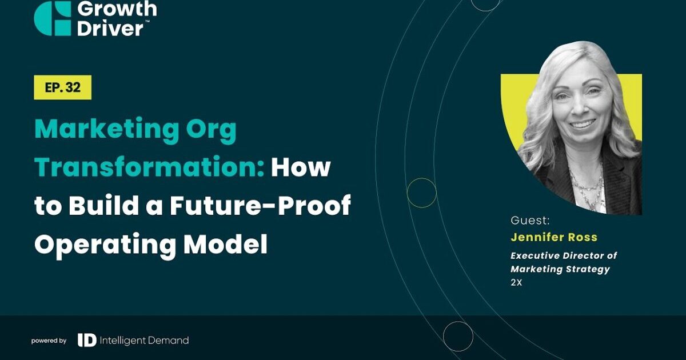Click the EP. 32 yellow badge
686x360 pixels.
click(x=62, y=87)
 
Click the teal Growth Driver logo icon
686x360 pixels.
click(x=53, y=18)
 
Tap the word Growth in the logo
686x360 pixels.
click(x=117, y=9)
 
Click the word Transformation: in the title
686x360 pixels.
click(x=149, y=167)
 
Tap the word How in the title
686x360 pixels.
click(x=301, y=167)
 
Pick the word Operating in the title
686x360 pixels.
click(x=105, y=245)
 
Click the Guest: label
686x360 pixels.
click(x=530, y=221)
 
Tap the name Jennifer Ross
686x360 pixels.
click(x=554, y=237)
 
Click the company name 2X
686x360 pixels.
click(x=516, y=282)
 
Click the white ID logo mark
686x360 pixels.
click(x=87, y=340)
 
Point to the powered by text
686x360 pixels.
click(x=49, y=341)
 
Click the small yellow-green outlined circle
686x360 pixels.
click(x=422, y=193)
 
